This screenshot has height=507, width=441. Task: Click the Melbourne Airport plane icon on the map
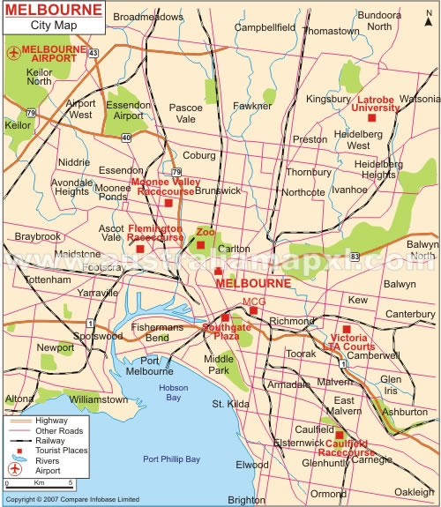click(12, 52)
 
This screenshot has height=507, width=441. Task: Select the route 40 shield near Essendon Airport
click(127, 137)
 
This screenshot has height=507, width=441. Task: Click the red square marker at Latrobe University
click(372, 117)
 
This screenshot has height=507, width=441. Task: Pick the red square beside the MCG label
click(253, 309)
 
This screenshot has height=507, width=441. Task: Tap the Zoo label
click(206, 232)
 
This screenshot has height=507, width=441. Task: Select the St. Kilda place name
click(228, 404)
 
